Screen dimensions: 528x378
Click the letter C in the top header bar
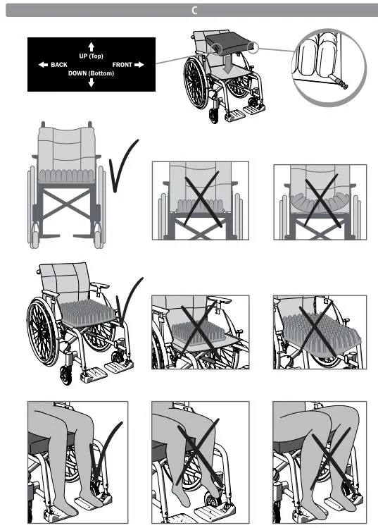[194, 10]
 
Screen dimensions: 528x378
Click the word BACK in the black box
[59, 65]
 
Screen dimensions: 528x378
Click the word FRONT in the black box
[122, 65]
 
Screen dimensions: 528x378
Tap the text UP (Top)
[91, 56]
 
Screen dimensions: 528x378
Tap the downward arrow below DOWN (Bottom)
[91, 83]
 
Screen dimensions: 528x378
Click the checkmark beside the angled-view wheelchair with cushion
[130, 303]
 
